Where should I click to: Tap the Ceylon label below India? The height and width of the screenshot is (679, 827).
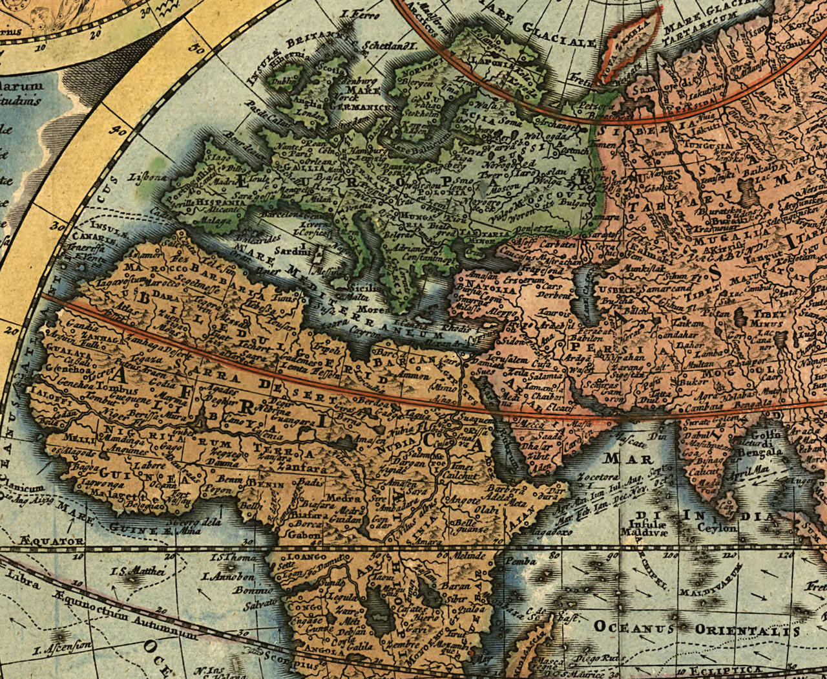717,528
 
